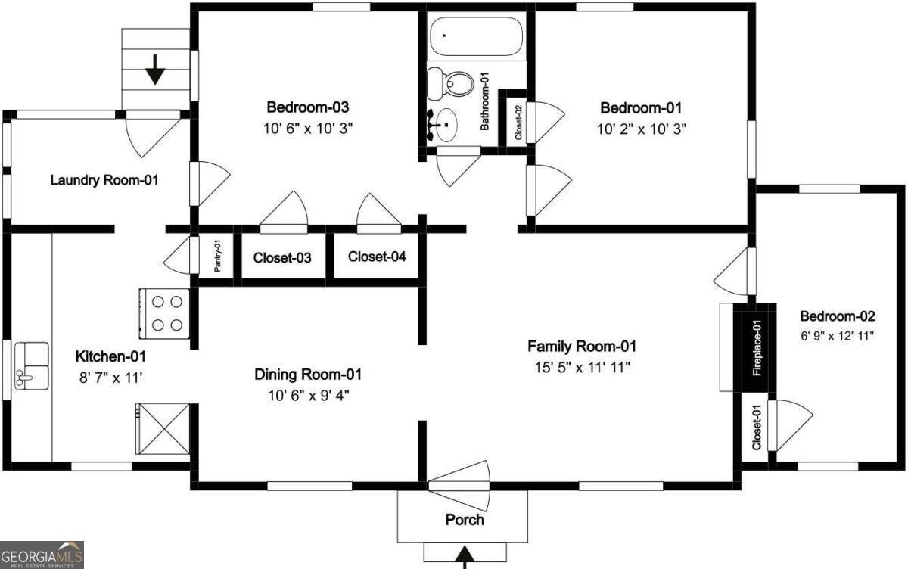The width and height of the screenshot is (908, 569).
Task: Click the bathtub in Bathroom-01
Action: (477, 36)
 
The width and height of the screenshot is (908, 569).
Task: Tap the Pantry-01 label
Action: (217, 257)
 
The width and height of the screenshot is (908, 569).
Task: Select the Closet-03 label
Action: (282, 258)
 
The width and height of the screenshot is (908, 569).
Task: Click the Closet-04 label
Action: (377, 257)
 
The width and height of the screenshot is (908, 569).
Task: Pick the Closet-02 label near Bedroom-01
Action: (518, 121)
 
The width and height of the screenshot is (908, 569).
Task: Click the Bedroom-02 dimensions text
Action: (838, 335)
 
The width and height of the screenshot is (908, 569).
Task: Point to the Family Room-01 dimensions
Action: (581, 367)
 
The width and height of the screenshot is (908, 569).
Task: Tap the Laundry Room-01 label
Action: (104, 180)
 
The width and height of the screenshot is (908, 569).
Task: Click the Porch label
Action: (465, 520)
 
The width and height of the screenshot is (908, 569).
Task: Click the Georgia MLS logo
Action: (42, 555)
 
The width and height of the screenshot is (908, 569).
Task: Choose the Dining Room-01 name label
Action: (308, 374)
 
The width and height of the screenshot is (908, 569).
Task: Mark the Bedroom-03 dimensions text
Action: (307, 128)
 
